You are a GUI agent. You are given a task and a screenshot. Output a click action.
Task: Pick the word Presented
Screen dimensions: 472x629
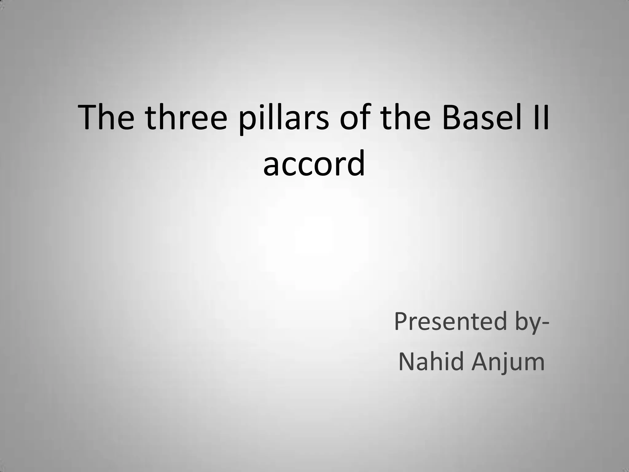coord(450,322)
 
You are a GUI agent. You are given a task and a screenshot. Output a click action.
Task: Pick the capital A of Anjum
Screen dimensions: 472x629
coord(479,362)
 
